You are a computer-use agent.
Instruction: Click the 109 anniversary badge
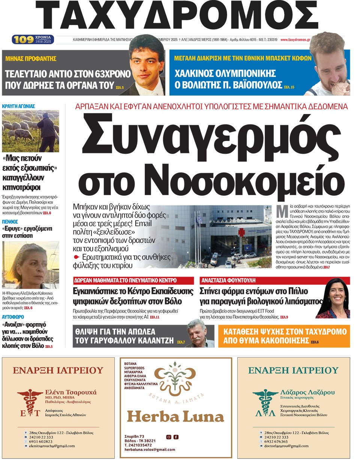(33, 39)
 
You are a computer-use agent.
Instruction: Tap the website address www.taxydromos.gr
(295, 40)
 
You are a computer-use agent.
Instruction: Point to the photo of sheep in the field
(30, 131)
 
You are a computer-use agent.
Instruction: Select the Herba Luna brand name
(175, 416)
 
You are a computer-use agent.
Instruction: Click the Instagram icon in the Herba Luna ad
(169, 437)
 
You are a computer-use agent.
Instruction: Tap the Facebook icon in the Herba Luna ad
(176, 437)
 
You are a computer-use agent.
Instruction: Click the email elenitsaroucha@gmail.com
(54, 446)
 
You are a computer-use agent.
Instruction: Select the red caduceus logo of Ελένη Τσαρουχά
(30, 402)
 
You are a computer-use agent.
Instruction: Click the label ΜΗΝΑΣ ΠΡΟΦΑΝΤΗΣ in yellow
(31, 58)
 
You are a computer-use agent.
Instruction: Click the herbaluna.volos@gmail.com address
(150, 450)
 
